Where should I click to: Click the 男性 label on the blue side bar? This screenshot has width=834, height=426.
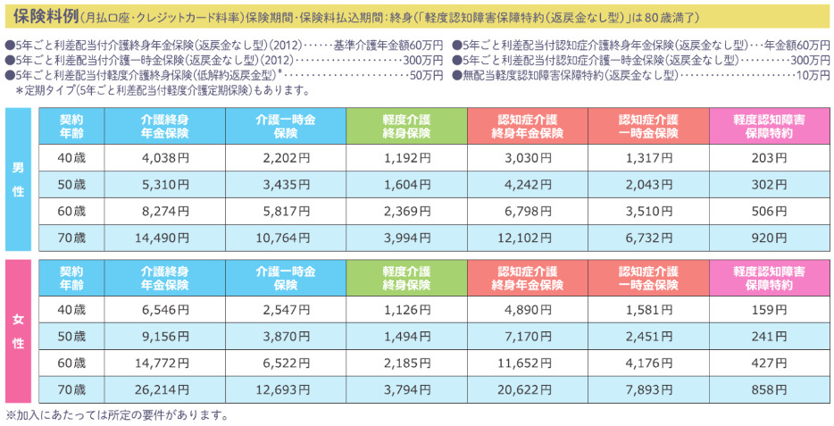click(x=17, y=179)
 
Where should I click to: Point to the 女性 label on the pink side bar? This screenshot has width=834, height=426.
click(x=17, y=330)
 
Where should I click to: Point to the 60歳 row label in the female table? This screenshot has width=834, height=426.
click(x=71, y=363)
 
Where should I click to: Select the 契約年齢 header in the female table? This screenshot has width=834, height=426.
click(x=71, y=279)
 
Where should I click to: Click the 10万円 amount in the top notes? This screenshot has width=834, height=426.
click(x=813, y=75)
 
